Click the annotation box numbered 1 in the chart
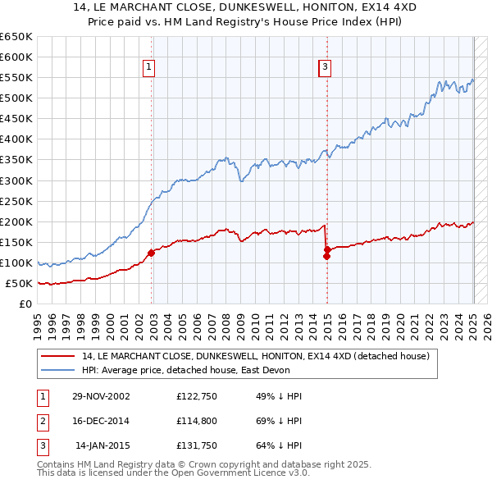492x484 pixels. (149, 67)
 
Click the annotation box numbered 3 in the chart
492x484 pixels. (325, 67)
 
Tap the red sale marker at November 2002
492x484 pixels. (151, 253)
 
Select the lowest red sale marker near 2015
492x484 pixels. (326, 256)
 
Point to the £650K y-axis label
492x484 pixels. (16, 37)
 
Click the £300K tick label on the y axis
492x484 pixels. (16, 180)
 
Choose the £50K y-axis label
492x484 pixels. (18, 284)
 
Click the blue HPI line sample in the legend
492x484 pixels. (58, 370)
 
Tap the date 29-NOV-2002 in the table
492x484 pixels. (101, 396)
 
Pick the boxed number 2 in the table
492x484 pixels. (41, 422)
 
